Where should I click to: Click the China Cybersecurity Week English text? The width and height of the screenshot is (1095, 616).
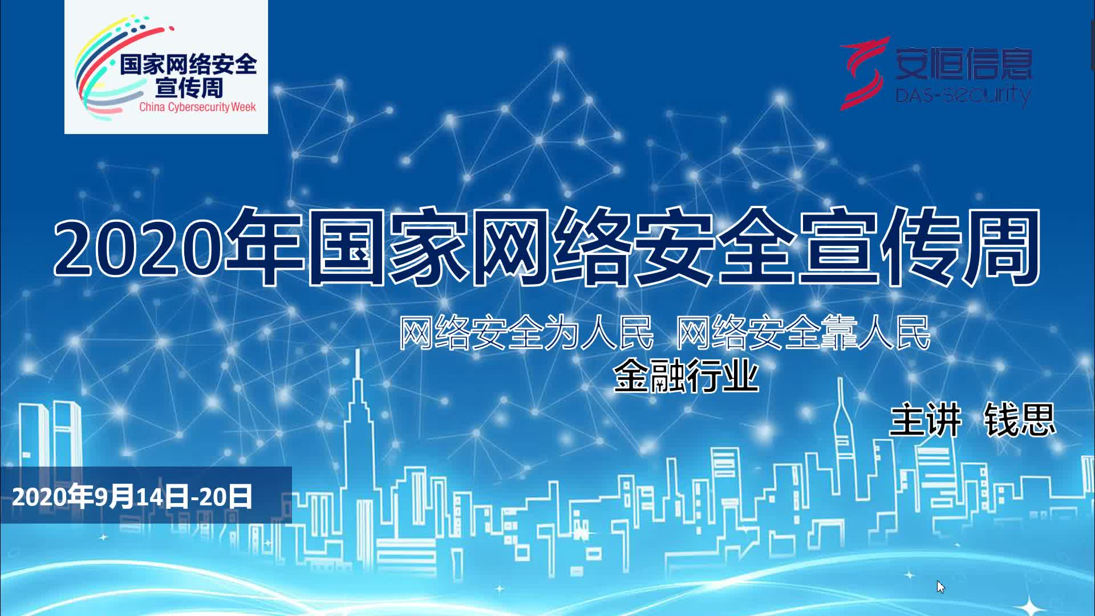[197, 107]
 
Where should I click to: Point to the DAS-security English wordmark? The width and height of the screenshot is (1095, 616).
[963, 95]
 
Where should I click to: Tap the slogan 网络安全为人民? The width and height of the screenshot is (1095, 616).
[526, 333]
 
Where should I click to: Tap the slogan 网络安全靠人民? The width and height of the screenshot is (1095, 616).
[803, 333]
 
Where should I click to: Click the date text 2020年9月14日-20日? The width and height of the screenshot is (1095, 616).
[132, 497]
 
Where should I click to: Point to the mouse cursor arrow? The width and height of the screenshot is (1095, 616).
[940, 586]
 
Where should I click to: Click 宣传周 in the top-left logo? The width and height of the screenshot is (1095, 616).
[189, 88]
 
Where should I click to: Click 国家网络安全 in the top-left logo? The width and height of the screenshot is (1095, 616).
[188, 64]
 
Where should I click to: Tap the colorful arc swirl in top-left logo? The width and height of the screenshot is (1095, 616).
[100, 68]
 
